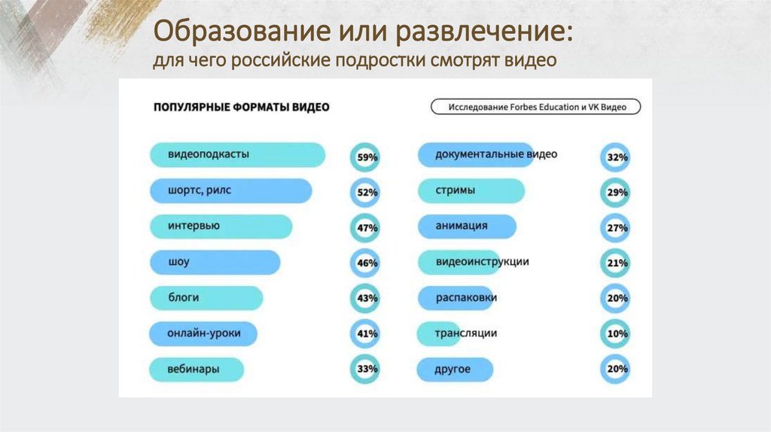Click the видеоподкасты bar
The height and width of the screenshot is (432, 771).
pyautogui.click(x=237, y=155)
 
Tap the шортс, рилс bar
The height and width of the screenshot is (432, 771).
pyautogui.click(x=230, y=191)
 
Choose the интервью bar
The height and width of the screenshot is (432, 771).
pyautogui.click(x=221, y=227)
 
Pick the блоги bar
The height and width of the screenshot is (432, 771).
pyautogui.click(x=206, y=298)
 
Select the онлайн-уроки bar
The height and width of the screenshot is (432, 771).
pyautogui.click(x=203, y=333)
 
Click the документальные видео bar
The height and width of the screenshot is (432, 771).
pyautogui.click(x=476, y=155)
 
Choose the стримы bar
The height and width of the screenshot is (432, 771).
pyautogui.click(x=471, y=191)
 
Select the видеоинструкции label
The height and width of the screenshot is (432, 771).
pyautogui.click(x=482, y=263)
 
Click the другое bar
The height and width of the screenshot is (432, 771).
pyautogui.click(x=456, y=370)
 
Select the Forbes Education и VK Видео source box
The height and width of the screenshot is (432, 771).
pyautogui.click(x=535, y=107)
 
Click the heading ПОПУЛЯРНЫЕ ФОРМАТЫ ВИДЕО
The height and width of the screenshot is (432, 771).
pyautogui.click(x=241, y=108)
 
